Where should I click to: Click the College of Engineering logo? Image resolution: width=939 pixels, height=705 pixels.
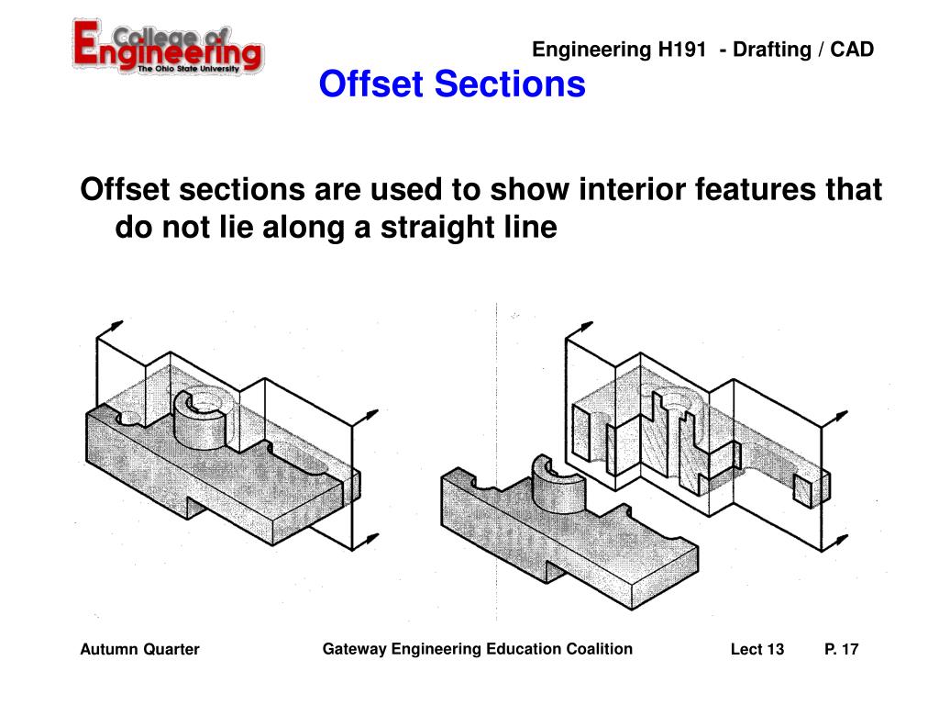(x=168, y=46)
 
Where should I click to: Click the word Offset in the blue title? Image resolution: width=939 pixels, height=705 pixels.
(x=372, y=84)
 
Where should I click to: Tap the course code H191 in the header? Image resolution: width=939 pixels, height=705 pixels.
(x=680, y=50)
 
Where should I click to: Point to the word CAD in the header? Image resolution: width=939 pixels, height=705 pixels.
(x=854, y=50)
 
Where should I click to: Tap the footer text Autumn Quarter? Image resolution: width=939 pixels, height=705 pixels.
(x=139, y=650)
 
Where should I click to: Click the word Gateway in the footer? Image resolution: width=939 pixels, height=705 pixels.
(x=354, y=649)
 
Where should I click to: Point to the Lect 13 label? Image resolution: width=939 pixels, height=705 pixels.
(x=757, y=650)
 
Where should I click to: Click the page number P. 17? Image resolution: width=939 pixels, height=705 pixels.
(x=842, y=650)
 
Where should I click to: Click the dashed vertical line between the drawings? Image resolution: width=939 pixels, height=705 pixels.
(x=496, y=459)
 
